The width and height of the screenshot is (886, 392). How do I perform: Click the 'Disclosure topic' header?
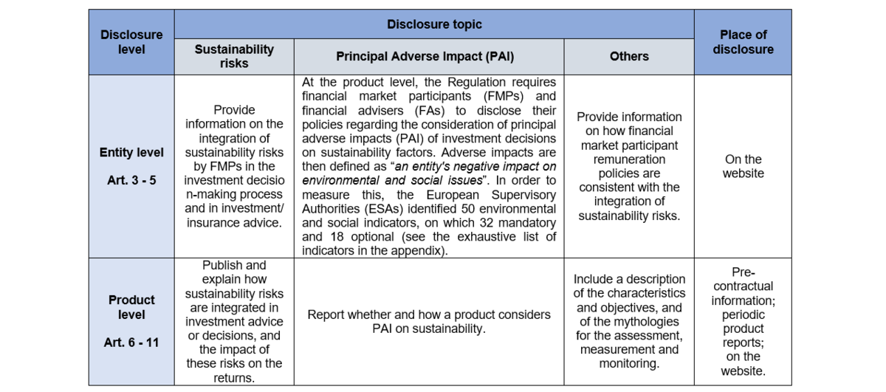[x=434, y=24]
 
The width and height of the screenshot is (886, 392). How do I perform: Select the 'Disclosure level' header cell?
[x=131, y=42]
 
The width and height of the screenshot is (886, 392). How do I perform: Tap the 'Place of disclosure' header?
[x=743, y=42]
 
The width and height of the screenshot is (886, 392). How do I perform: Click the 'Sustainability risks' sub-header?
[x=234, y=56]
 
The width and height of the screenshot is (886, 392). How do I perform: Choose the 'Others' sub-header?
[x=629, y=56]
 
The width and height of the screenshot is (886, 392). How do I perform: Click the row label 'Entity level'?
[x=131, y=153]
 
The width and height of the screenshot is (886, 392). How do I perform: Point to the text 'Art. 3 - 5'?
[x=131, y=179]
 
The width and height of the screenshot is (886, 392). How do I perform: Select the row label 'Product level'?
[x=131, y=307]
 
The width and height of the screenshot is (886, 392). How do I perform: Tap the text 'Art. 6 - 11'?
[x=131, y=342]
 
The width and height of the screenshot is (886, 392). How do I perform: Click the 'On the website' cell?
[x=743, y=166]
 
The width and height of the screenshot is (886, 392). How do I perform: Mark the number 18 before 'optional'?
[x=337, y=237]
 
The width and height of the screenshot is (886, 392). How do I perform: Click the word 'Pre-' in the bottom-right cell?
[x=743, y=272]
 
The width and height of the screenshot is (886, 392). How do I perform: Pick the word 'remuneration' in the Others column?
[x=629, y=159]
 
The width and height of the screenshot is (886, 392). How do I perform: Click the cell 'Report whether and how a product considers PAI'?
[x=429, y=321]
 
